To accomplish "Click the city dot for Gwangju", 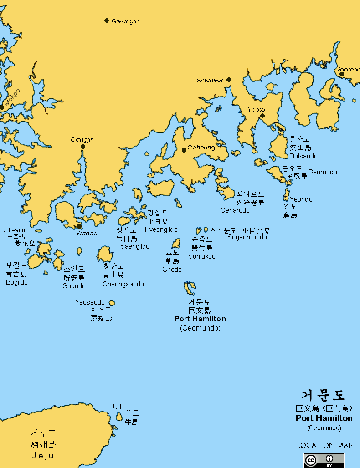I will coord(107,20).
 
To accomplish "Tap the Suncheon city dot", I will coord(229,80).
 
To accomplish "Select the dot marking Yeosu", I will coord(262,116).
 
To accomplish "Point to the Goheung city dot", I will coord(184,150).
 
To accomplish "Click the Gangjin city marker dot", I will coord(83,147).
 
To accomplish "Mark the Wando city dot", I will coord(80,226).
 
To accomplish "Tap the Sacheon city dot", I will coord(342,74).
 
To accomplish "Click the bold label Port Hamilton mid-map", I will coord(200,319).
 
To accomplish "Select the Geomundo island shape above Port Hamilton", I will coord(189,288).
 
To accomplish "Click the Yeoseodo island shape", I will coord(112,303).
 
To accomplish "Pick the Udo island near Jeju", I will coord(119,417).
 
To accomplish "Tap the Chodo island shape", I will coord(176,244).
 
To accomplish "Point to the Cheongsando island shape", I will coord(105,254).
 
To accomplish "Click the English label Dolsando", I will coord(303,156).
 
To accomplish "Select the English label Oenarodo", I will coord(235,210).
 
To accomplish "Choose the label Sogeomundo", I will coord(247,237).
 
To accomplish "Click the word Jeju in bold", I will coord(43,455).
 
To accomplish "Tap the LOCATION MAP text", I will coord(324,445).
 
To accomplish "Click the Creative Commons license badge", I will coord(324,460).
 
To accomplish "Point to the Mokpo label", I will coord(12,97).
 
